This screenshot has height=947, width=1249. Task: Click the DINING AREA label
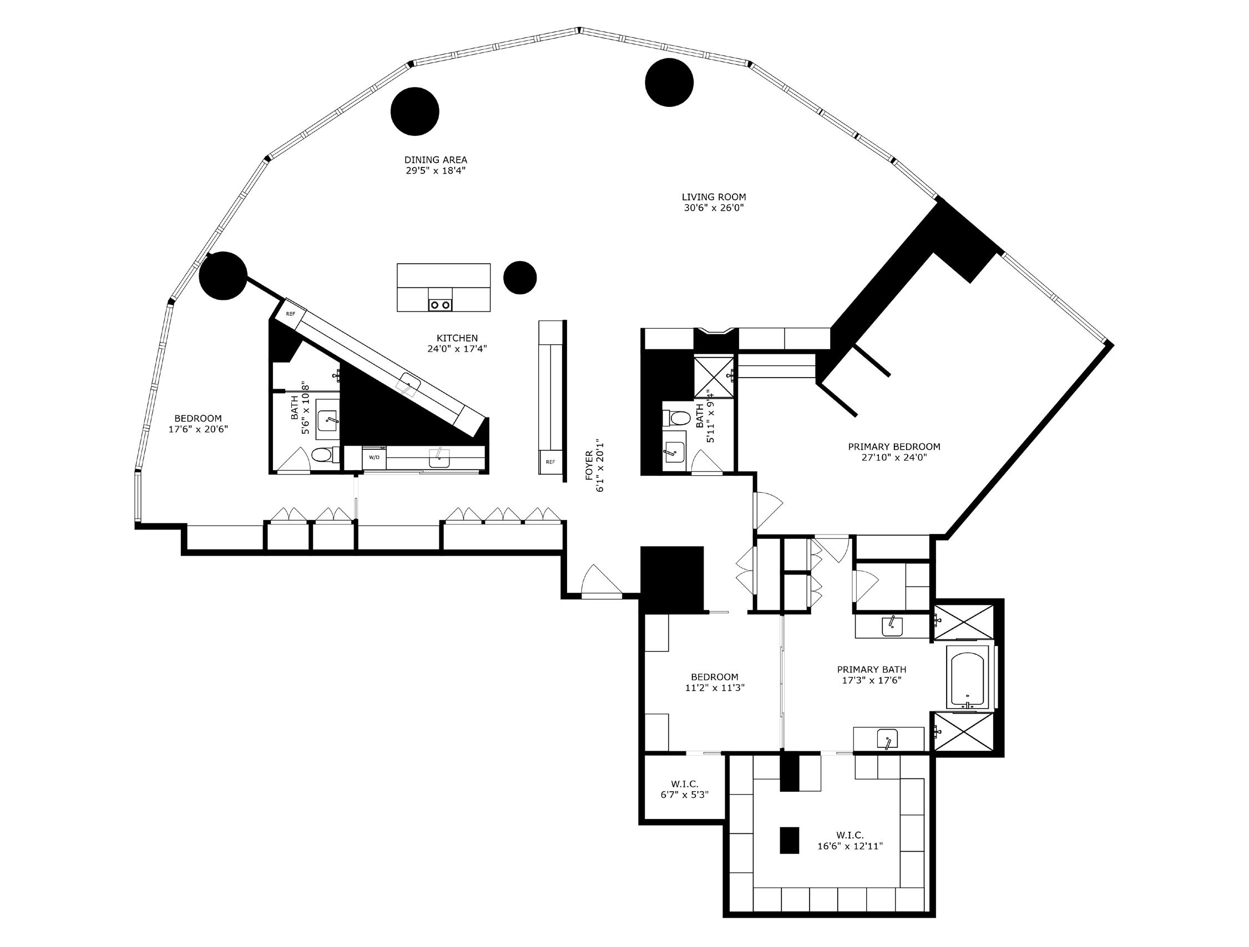click(436, 160)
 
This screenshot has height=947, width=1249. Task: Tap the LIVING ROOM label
click(714, 197)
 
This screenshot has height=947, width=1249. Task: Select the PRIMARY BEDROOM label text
click(894, 447)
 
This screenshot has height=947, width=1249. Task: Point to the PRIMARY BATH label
click(871, 670)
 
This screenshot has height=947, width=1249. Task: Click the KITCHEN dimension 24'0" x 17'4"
click(457, 349)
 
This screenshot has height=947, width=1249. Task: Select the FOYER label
click(589, 466)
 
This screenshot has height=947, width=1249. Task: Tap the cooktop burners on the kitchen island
click(441, 305)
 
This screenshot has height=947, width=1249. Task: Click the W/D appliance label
click(374, 457)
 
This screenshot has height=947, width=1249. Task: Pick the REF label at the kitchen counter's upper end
click(290, 314)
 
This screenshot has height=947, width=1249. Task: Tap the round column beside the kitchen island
click(519, 278)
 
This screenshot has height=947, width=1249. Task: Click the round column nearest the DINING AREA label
click(415, 111)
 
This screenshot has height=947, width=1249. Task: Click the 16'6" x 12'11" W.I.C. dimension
click(850, 846)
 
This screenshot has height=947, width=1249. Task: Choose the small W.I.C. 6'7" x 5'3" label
click(684, 789)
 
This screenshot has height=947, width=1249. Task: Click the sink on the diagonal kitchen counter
click(408, 384)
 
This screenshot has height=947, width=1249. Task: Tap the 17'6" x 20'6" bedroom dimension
click(198, 429)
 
